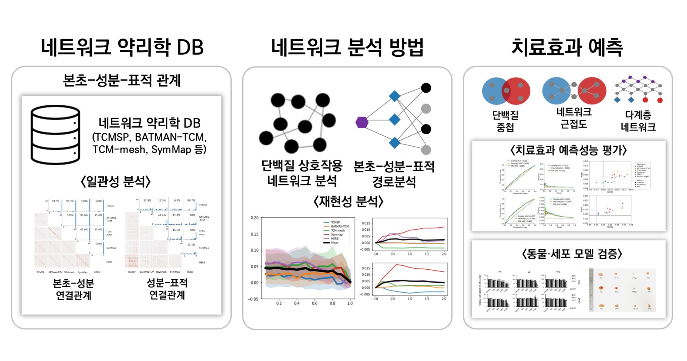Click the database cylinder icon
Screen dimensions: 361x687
point(55,135)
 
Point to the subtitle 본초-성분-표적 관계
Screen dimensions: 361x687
point(122,81)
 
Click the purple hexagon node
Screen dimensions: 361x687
point(362,123)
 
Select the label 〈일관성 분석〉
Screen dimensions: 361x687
point(115,182)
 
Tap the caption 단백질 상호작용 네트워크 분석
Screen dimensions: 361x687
point(302,173)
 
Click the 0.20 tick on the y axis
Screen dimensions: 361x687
point(255,218)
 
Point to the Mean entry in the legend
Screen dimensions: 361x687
point(334,242)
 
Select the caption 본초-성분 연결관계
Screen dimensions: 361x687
point(73,289)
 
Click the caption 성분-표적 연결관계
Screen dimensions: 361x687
point(167,289)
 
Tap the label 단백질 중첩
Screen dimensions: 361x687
point(505,121)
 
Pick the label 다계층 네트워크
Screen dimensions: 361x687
point(638,121)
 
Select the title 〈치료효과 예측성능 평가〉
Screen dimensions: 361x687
point(568,150)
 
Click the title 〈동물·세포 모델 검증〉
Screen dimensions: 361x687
point(572,254)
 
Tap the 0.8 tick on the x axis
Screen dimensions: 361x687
point(332,303)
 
